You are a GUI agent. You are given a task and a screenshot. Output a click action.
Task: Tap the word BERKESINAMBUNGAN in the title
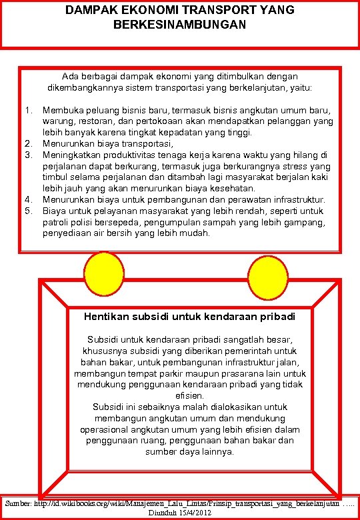180,24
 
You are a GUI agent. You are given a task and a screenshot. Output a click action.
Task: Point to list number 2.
28,143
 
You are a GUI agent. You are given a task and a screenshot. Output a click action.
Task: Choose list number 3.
28,155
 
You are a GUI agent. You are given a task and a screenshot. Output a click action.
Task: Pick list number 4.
28,199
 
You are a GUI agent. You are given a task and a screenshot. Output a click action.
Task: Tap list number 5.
28,211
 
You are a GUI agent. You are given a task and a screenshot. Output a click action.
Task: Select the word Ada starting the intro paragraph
70,77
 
